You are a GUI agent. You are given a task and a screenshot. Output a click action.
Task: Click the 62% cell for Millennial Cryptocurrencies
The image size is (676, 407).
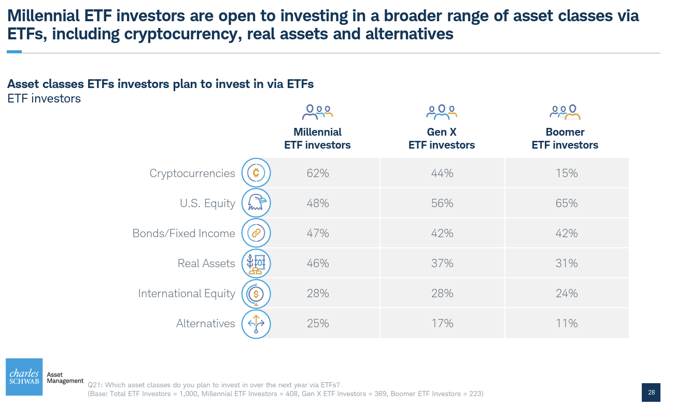click(317, 173)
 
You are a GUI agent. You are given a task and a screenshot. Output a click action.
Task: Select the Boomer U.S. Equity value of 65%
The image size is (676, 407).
click(566, 203)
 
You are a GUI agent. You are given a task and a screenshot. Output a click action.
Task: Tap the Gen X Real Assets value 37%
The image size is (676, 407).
click(442, 264)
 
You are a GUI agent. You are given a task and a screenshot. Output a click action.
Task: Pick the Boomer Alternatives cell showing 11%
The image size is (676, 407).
click(566, 324)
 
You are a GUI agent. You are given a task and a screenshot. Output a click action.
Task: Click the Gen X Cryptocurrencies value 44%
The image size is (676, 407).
click(442, 173)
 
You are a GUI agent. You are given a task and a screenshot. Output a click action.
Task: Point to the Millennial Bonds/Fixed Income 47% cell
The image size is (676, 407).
click(317, 234)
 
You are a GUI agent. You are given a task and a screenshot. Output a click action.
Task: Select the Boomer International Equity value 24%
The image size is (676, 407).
click(566, 294)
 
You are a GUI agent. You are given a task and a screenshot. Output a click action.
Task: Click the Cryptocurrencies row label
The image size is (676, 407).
click(192, 173)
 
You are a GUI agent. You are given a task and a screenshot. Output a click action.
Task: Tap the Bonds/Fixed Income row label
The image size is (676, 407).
click(184, 234)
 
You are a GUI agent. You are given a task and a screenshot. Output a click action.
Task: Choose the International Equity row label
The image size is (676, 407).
click(186, 294)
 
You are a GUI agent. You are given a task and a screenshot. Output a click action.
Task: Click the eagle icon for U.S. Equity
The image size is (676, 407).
click(256, 203)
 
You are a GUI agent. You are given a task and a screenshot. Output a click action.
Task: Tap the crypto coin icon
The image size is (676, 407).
click(256, 173)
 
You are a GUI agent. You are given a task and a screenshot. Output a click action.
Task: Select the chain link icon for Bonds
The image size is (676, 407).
click(256, 233)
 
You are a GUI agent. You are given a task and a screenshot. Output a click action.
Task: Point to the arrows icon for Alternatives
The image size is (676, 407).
click(256, 324)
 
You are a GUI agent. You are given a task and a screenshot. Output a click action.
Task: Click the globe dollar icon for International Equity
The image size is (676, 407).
click(256, 294)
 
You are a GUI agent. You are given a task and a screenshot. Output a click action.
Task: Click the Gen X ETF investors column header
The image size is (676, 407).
click(442, 139)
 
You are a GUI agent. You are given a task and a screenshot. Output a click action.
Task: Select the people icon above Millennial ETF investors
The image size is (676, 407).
click(317, 112)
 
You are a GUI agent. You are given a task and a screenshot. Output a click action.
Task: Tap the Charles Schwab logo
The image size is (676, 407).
click(24, 377)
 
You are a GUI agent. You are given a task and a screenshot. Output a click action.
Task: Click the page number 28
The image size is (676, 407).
click(651, 393)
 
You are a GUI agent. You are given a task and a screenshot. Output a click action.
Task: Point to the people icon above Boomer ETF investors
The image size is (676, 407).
click(565, 112)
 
